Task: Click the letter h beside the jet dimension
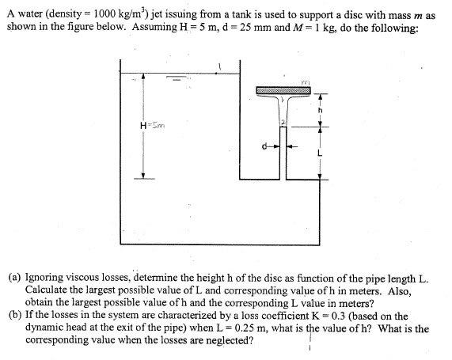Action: [x=321, y=111]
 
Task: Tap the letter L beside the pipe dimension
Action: [x=321, y=152]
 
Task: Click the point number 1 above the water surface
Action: [x=219, y=65]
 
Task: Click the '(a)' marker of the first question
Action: [x=15, y=279]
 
